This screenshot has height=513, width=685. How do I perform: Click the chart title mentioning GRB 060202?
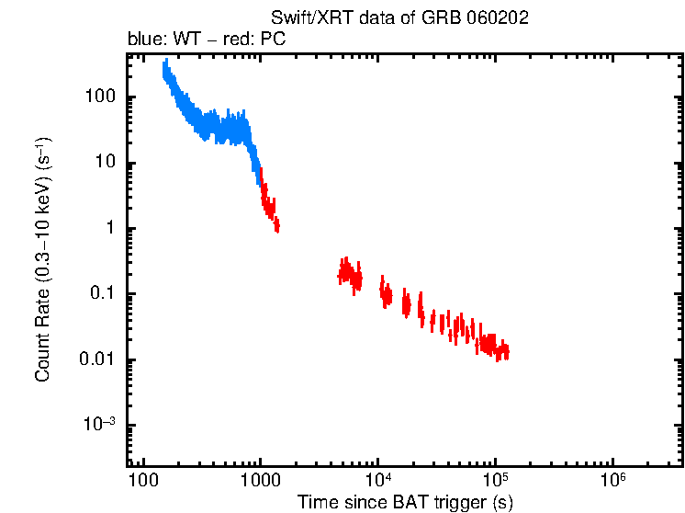tap(399, 17)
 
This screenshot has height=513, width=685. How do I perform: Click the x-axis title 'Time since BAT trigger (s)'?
tap(404, 502)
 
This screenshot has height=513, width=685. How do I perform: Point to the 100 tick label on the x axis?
tap(142, 481)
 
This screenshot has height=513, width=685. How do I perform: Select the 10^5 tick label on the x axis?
tap(495, 480)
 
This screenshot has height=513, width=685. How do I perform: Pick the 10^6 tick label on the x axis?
tap(612, 480)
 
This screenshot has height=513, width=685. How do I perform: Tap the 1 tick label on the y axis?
tap(110, 229)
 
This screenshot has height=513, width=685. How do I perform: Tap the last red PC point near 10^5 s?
tap(506, 351)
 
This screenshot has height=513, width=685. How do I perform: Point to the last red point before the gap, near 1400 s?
tap(276, 225)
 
